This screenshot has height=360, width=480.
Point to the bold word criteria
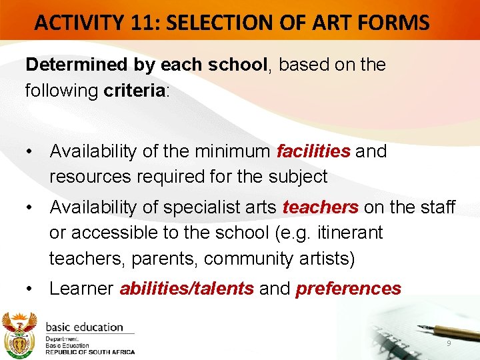click(x=134, y=90)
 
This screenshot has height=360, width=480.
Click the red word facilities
click(x=313, y=151)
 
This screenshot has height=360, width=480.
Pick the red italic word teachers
click(x=320, y=208)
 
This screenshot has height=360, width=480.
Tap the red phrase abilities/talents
click(x=187, y=289)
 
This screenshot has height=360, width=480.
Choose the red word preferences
click(x=348, y=289)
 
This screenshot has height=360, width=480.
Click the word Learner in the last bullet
click(x=81, y=289)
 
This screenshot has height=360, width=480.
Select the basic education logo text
click(x=85, y=327)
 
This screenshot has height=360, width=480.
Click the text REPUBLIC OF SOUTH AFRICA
click(x=90, y=352)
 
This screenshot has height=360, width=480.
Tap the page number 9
click(x=449, y=343)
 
